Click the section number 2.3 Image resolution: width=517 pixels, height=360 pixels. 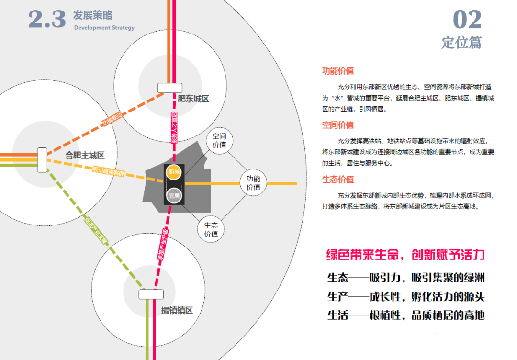coord(46,19)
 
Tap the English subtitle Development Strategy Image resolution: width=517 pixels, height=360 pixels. coord(104,28)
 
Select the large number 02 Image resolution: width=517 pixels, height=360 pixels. coord(467,20)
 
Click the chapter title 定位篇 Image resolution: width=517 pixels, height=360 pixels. coord(461,42)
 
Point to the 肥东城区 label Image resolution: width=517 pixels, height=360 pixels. coord(193,99)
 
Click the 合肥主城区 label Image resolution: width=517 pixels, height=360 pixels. coord(85,155)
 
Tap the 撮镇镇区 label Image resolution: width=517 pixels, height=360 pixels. coord(177,310)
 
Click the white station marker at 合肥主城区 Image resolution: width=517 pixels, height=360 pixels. coord(42,160)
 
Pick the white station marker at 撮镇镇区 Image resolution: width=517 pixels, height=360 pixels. coord(151,294)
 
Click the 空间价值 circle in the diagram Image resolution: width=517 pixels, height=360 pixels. coord(219,140)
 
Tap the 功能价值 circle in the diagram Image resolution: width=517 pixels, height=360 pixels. coord(254,183)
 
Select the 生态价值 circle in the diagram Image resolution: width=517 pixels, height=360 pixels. coord(211,229)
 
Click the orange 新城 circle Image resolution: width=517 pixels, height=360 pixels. coord(174,172)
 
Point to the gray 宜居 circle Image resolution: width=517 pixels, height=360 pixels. coord(174,195)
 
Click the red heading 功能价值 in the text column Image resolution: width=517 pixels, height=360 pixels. coord(338,71)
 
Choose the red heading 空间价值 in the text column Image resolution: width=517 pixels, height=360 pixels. coord(338,125)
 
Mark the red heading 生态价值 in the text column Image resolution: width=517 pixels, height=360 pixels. coord(338,180)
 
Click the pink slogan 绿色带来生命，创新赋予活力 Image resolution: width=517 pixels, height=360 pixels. coord(405,255)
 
